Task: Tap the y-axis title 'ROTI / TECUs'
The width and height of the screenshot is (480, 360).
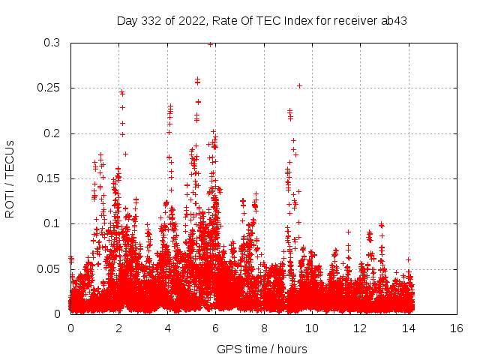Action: tap(10, 178)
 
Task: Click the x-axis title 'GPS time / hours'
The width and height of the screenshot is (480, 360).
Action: tap(262, 349)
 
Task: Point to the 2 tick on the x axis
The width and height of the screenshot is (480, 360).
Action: tap(118, 328)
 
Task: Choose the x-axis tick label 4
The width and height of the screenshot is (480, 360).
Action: tap(167, 328)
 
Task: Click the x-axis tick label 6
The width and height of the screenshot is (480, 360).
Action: tap(215, 328)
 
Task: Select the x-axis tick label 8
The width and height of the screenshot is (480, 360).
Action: tap(263, 328)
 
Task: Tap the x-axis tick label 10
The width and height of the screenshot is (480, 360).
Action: tap(312, 328)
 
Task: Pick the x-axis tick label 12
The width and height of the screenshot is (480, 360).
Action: tap(360, 328)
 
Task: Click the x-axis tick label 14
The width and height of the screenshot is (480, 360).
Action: tap(409, 328)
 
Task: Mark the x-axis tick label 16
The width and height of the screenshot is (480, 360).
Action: tap(457, 328)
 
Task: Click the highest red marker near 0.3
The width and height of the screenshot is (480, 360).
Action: tap(211, 44)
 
